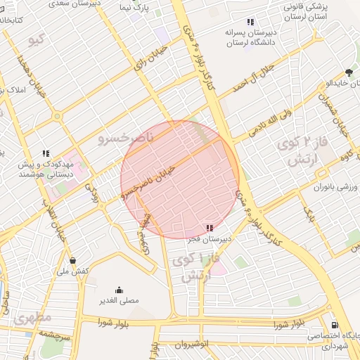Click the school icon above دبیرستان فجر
click(209, 228)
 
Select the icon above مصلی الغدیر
click(118, 290)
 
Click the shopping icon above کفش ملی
click(72, 260)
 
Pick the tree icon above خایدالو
click(349, 72)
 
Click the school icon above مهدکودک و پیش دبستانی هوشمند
click(46, 153)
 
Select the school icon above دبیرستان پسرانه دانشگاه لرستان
click(251, 21)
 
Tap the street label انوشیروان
click(188, 345)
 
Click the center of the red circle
click(181, 179)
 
